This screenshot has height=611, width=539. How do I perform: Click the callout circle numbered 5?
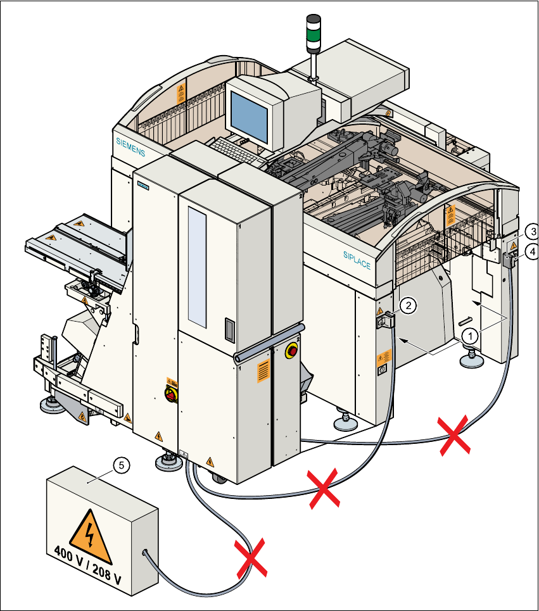122,465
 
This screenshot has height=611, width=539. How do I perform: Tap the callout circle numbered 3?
533,231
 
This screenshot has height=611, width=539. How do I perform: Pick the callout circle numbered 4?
533,251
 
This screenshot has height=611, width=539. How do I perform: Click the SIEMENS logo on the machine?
130,146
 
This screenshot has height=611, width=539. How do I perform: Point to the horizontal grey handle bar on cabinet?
269,343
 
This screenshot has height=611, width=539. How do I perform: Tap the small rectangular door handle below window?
229,329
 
